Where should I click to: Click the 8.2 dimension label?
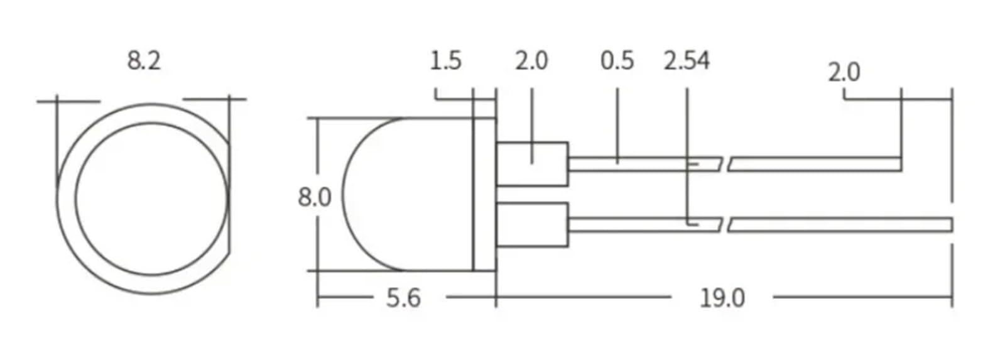[x=144, y=61]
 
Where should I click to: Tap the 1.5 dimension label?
[x=445, y=61]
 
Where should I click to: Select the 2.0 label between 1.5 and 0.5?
[x=531, y=61]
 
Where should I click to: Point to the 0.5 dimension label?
[x=617, y=61]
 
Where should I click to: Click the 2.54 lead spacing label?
[x=687, y=61]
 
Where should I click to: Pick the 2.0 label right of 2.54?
[x=844, y=73]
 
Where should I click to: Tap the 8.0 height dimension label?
[x=315, y=197]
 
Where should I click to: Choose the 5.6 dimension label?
[x=403, y=298]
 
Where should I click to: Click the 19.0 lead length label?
[x=722, y=298]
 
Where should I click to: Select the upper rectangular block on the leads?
[x=532, y=164]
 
